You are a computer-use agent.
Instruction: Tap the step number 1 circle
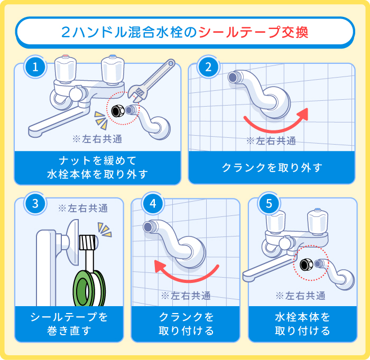(x=35, y=67)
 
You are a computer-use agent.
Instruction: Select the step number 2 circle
(x=208, y=67)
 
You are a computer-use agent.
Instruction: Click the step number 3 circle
(x=35, y=204)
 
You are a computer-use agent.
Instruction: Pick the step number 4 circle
(x=153, y=204)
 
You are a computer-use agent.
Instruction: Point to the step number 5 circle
(x=269, y=204)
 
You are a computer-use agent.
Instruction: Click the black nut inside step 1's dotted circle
(x=118, y=110)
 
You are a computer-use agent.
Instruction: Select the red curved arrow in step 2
(x=275, y=120)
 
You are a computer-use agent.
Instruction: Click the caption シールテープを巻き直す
(x=69, y=324)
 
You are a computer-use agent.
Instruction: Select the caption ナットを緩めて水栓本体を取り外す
(x=97, y=167)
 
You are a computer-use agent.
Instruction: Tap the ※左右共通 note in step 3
(x=83, y=208)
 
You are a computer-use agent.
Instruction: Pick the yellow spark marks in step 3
(x=104, y=229)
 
